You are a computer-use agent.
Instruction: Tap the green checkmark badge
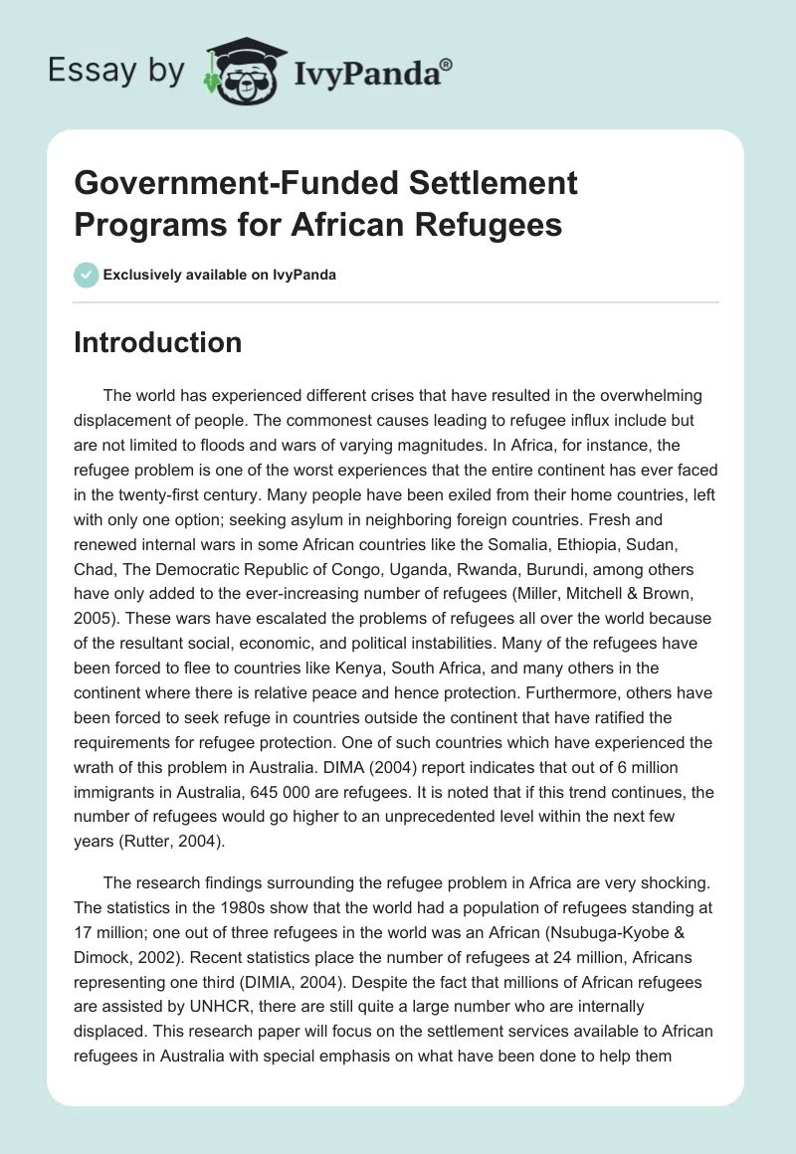click(87, 275)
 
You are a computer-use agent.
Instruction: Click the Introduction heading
click(158, 342)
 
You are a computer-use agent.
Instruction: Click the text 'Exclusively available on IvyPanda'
click(220, 275)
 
